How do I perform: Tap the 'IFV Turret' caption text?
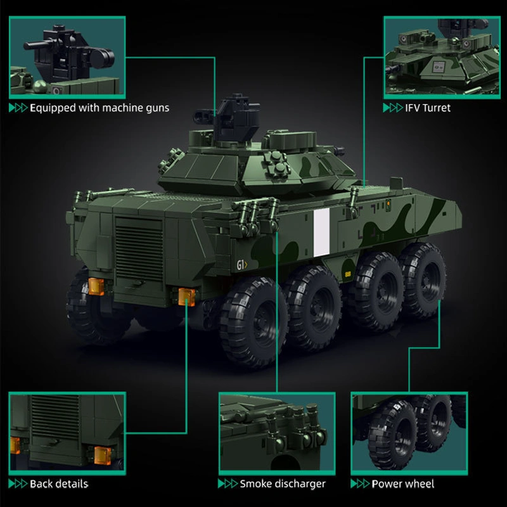pos(428,108)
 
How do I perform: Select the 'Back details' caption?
pos(59,484)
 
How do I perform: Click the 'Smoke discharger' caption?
pos(282,484)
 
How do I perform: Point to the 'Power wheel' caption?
pos(403,484)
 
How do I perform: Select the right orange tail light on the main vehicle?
pos(186,295)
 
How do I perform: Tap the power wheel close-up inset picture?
pos(409,432)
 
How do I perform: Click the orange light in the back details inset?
pos(101,454)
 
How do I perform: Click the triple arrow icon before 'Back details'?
pos(18,484)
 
